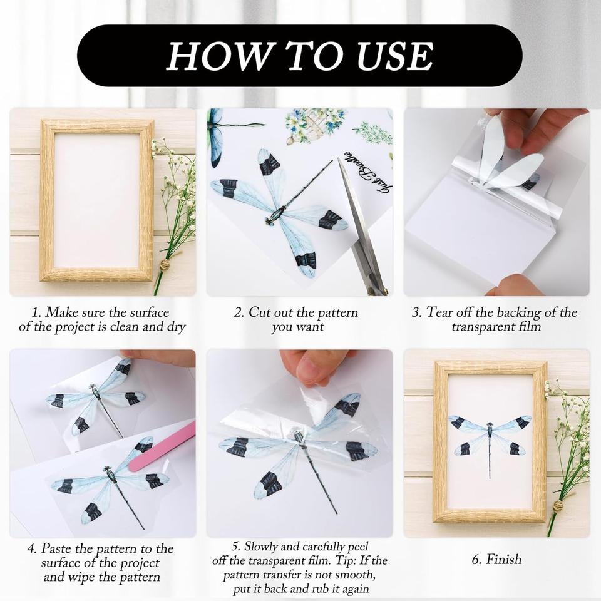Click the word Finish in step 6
pos(503,560)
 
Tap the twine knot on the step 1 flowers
pos(165,265)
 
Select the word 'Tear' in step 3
pos(443,312)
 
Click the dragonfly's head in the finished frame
pos(490,424)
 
